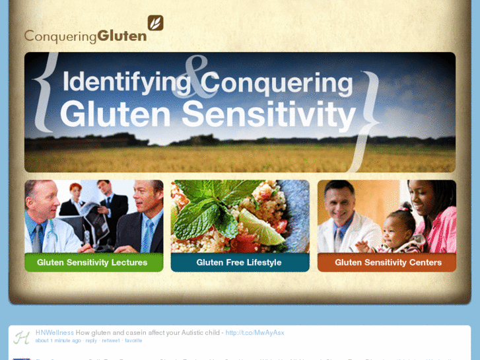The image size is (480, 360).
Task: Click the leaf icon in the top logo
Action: (155, 23)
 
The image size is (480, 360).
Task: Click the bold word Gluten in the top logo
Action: (122, 36)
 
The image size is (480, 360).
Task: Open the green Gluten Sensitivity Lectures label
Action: (92, 262)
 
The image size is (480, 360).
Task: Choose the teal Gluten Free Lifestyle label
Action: (239, 262)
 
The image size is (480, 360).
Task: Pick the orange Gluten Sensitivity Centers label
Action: (388, 262)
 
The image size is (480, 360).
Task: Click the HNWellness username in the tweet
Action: (55, 332)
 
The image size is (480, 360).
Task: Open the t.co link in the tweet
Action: (255, 332)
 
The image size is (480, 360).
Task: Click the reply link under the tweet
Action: (91, 341)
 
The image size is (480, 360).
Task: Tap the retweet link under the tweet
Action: (111, 341)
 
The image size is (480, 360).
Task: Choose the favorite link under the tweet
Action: (133, 341)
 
